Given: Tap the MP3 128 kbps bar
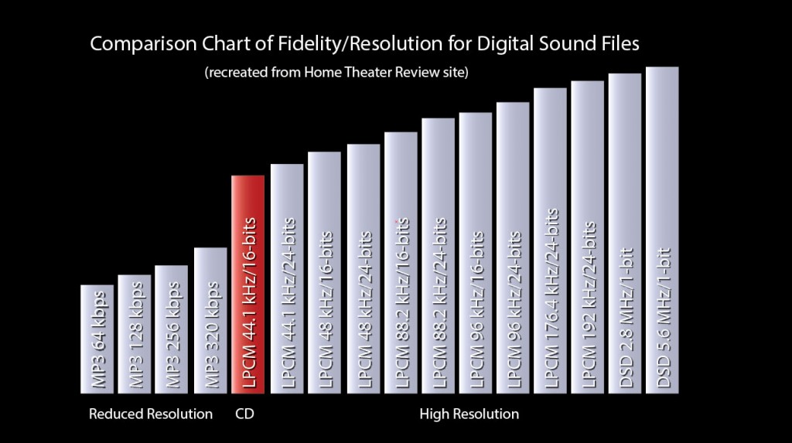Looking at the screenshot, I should (135, 332).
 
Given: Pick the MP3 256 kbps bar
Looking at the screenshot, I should (172, 328).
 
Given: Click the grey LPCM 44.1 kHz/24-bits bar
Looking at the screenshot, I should (287, 278).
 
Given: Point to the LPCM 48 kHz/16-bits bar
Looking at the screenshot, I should (325, 271).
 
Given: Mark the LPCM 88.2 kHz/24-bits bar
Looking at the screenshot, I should (438, 254).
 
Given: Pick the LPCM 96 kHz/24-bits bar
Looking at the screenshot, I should (513, 247).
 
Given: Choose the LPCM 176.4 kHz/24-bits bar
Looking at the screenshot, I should (551, 240).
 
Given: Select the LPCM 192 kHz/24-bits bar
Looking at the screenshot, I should (588, 236).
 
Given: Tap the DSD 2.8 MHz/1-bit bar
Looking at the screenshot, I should (625, 232).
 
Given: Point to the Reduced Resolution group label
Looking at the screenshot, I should (151, 414).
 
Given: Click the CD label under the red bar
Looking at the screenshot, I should (244, 414).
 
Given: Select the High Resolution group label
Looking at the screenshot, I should (469, 414).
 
